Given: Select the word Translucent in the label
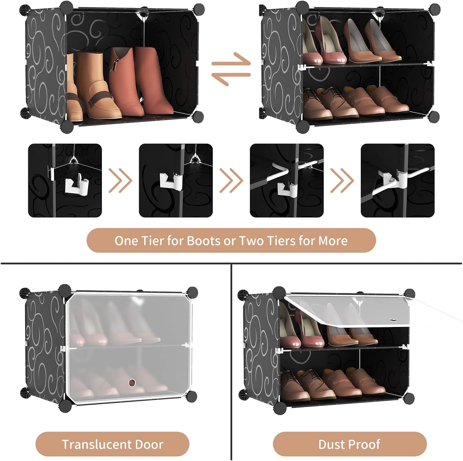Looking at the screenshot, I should pyautogui.click(x=94, y=444).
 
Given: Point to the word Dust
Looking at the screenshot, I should pyautogui.click(x=332, y=444).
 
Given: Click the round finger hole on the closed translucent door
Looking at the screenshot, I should pyautogui.click(x=131, y=382).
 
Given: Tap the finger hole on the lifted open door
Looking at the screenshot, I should pyautogui.click(x=392, y=320).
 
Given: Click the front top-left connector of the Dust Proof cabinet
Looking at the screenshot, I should pyautogui.click(x=279, y=292).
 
